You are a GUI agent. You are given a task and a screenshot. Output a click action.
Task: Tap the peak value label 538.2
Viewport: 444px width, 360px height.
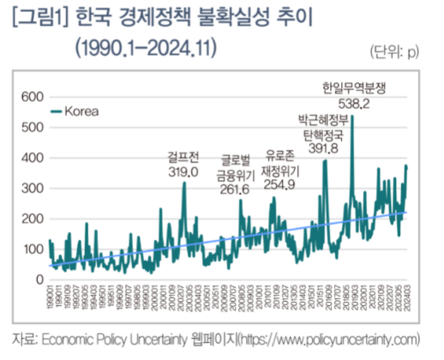click(x=352, y=104)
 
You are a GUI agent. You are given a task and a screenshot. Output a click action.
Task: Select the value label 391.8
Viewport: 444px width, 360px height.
click(x=324, y=148)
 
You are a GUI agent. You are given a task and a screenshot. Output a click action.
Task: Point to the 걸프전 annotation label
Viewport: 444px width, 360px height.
click(x=183, y=157)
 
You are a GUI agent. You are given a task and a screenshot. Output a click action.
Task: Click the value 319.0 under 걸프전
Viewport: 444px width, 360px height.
click(x=183, y=171)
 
